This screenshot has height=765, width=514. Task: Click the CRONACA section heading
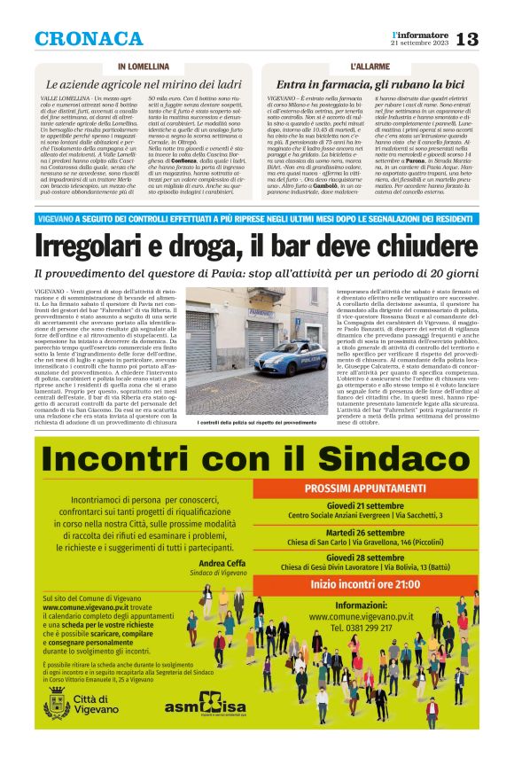point(89,39)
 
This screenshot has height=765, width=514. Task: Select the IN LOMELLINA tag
point(143,67)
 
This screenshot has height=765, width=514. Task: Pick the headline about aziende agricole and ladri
point(143,83)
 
